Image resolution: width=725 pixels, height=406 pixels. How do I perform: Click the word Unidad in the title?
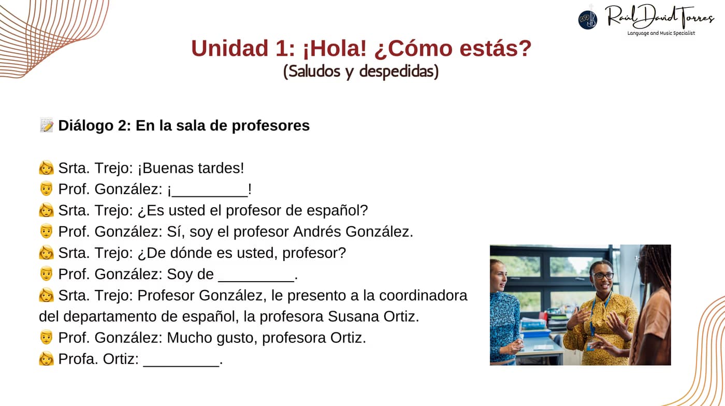(230, 49)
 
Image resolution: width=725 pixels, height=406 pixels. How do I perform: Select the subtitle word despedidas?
(399, 71)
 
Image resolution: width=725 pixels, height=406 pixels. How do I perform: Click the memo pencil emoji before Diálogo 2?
(46, 125)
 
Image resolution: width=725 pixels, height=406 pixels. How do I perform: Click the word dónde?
(191, 253)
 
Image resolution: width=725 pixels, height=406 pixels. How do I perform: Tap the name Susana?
(353, 316)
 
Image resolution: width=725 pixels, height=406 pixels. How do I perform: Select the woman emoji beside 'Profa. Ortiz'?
(46, 358)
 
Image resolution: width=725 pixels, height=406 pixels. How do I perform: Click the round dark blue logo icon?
(588, 20)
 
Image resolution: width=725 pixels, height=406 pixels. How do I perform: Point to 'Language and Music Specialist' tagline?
(661, 33)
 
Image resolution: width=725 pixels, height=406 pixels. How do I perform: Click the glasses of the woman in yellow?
(603, 276)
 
